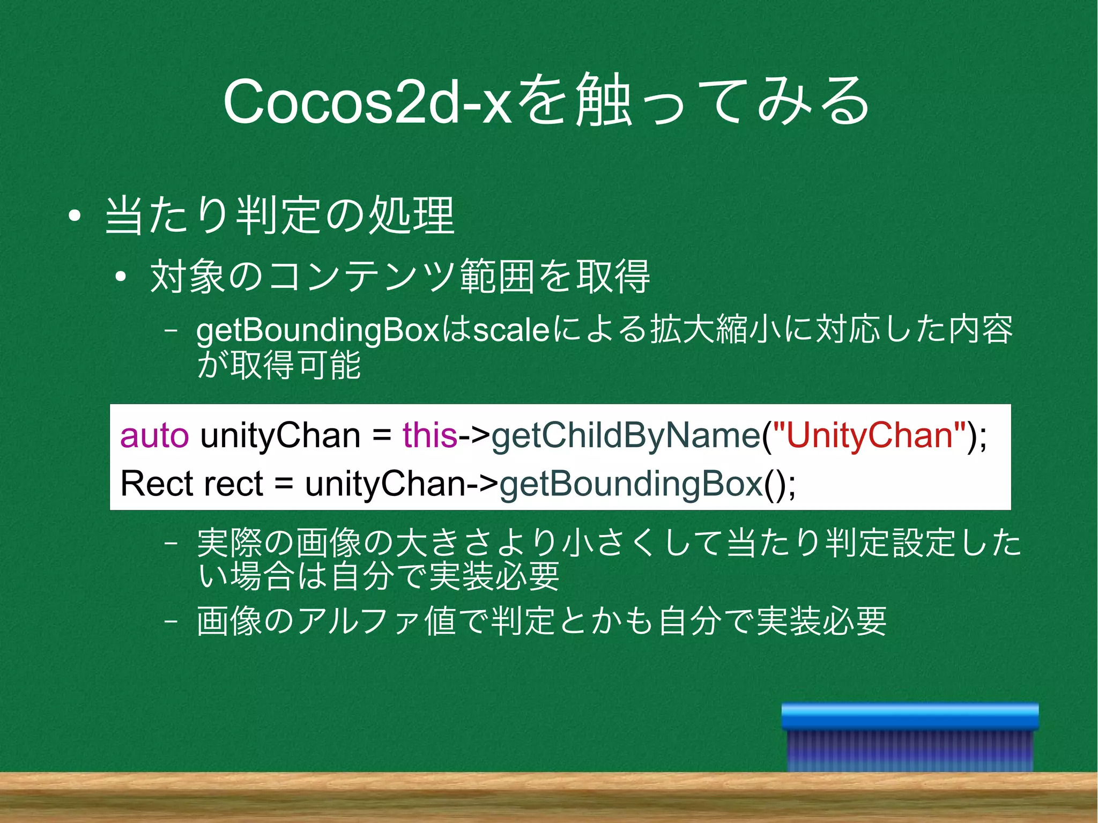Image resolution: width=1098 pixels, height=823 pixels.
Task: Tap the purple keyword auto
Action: click(154, 435)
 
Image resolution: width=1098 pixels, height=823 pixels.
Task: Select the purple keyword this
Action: click(430, 435)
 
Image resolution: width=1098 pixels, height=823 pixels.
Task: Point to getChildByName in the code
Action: click(626, 435)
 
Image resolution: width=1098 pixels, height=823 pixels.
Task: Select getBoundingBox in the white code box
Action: click(631, 484)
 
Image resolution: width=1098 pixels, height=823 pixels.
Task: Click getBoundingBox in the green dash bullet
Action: click(318, 331)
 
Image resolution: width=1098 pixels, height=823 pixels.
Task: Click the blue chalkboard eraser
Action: click(910, 737)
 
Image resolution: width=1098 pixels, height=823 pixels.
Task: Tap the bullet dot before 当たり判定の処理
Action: click(75, 217)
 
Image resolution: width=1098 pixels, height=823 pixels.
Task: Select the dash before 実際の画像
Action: click(171, 543)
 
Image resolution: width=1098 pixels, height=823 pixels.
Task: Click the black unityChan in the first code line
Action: click(280, 435)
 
